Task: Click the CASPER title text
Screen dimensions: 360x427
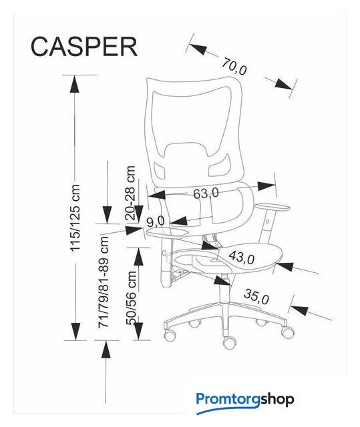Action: (x=84, y=47)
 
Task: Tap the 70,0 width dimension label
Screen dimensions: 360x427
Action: (x=234, y=67)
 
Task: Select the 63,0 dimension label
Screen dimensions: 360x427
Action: (x=206, y=193)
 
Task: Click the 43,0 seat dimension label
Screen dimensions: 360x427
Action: (x=242, y=257)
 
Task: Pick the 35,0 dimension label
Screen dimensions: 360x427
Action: (x=256, y=296)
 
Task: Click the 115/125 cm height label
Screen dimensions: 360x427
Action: (x=75, y=218)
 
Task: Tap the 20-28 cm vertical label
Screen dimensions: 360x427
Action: (x=130, y=193)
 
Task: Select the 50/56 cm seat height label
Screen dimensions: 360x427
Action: (x=131, y=298)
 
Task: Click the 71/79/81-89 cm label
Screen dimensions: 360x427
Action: (x=104, y=282)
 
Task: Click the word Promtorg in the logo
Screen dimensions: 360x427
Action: (x=228, y=399)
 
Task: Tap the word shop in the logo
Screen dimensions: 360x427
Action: (x=277, y=399)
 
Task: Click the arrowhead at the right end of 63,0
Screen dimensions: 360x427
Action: (x=266, y=186)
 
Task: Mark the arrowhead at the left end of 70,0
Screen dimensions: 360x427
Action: (x=198, y=48)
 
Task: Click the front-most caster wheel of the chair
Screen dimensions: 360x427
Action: (x=230, y=343)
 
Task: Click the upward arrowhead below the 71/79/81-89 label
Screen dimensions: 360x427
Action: (x=106, y=350)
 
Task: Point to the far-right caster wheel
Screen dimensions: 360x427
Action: (x=287, y=332)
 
